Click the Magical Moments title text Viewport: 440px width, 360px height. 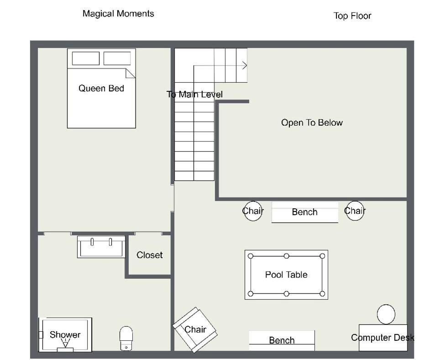[x=118, y=14]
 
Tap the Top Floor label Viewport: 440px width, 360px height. [x=352, y=16]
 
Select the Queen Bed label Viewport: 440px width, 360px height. [x=101, y=88]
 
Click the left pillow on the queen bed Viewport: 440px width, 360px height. [x=86, y=58]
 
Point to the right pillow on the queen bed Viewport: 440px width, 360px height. [x=117, y=58]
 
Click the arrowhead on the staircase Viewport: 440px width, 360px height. [x=245, y=65]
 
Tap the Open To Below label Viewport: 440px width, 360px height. [x=312, y=122]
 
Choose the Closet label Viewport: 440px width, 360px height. [x=149, y=255]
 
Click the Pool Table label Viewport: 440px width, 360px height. [x=286, y=275]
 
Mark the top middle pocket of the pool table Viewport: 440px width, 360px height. [x=286, y=256]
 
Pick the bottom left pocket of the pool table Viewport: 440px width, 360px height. [x=251, y=294]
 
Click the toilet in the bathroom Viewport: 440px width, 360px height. [x=126, y=338]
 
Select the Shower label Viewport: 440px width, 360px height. [x=65, y=334]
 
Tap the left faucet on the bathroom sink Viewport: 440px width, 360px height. [x=92, y=242]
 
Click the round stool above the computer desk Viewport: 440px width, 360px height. [x=386, y=314]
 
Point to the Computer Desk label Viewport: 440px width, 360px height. [x=382, y=338]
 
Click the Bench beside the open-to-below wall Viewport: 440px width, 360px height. [x=305, y=212]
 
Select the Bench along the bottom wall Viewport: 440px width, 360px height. [x=282, y=340]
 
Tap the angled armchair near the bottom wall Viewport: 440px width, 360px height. [x=195, y=330]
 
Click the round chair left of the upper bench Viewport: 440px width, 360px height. [x=252, y=211]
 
